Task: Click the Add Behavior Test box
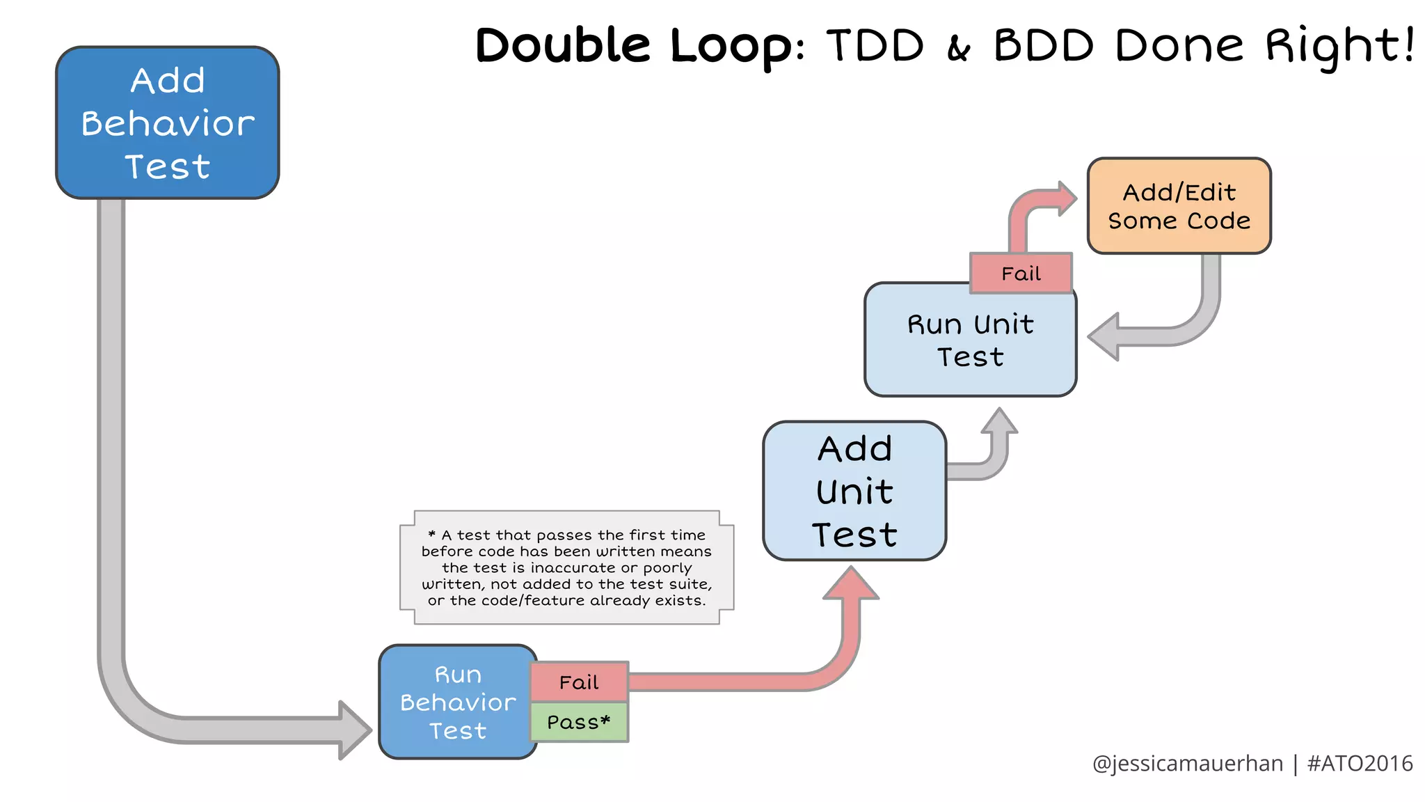click(167, 123)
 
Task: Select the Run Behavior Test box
click(457, 702)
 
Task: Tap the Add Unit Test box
click(854, 491)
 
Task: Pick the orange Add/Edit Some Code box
click(1179, 206)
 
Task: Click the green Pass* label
click(579, 722)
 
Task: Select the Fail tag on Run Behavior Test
click(579, 682)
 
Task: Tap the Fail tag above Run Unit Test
click(1021, 274)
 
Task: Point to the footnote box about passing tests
click(566, 567)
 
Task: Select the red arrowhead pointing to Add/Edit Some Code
click(1065, 199)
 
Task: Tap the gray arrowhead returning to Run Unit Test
click(1105, 337)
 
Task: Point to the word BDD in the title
click(1043, 46)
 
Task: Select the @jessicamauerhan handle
click(1187, 764)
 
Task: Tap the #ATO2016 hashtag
click(1360, 764)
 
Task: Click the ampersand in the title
click(959, 49)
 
